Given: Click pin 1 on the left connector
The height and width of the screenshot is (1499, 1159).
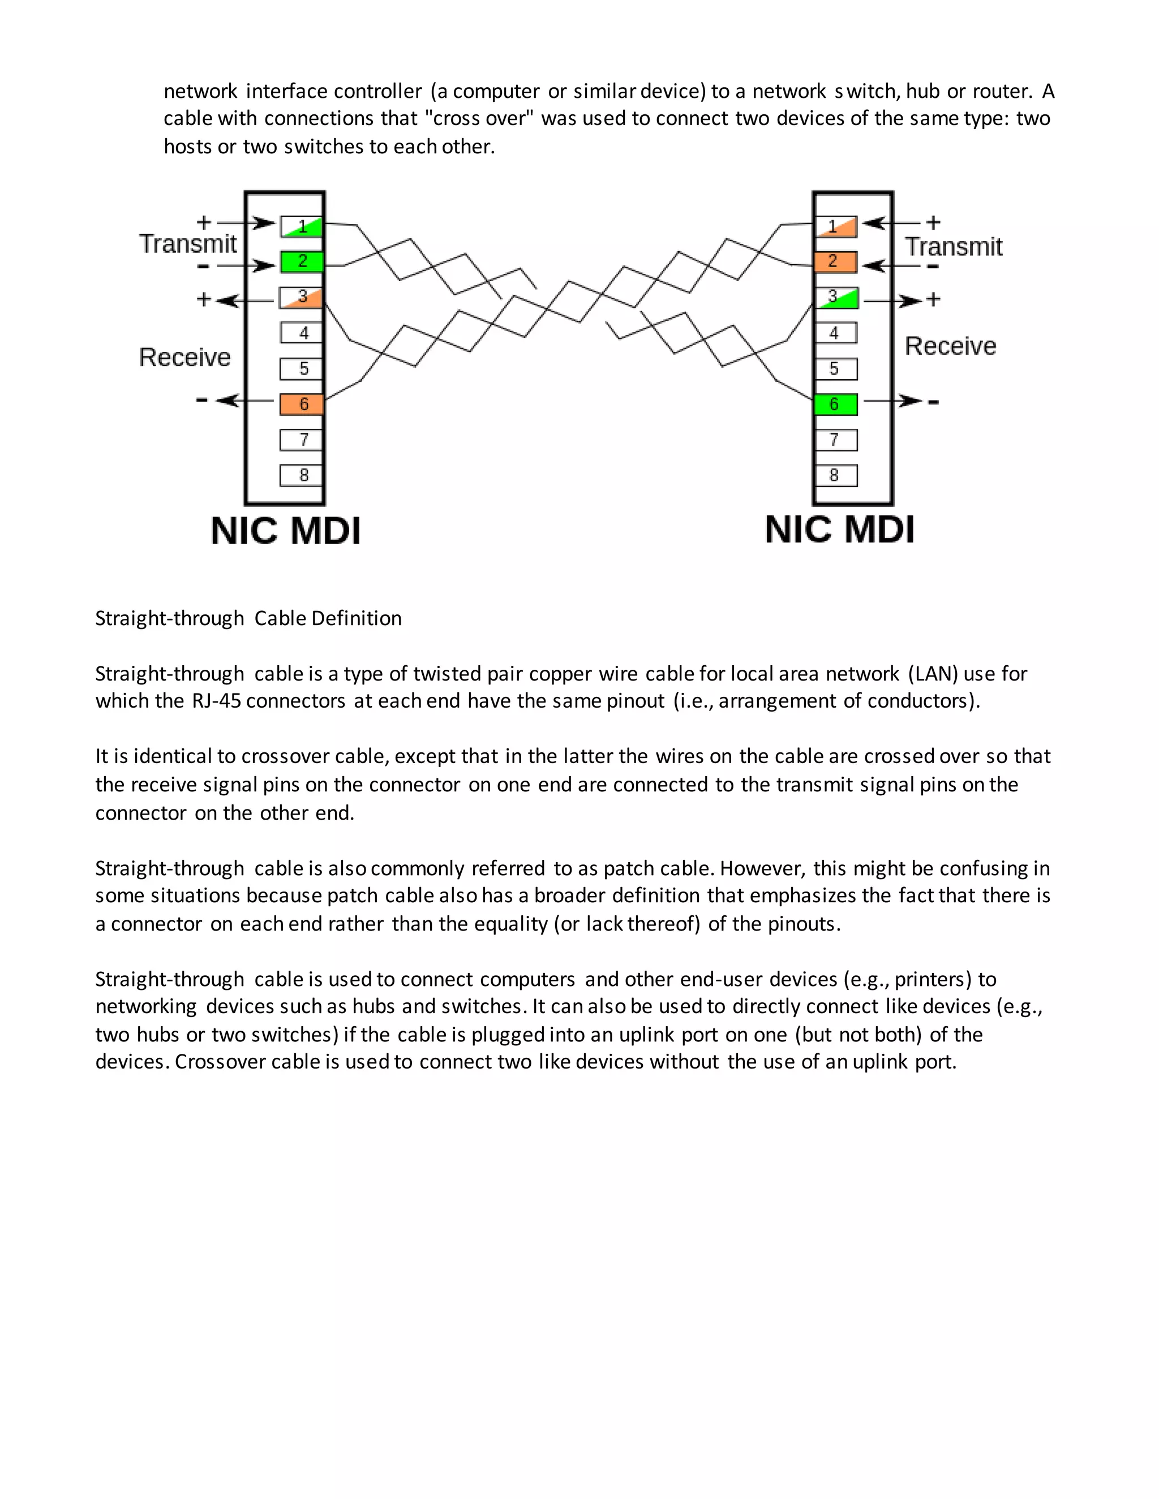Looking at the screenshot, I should tap(302, 226).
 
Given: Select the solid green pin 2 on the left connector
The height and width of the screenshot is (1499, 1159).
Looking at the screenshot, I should tap(302, 261).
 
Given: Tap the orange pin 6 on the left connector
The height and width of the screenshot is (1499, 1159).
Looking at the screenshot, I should tap(302, 404).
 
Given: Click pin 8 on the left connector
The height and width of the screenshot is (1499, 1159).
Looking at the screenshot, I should tap(302, 475).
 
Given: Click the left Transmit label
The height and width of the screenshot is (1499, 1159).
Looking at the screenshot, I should tap(187, 244).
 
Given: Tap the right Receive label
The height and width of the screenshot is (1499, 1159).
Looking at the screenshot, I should tap(950, 346).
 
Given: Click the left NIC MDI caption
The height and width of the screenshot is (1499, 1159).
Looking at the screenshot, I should tap(286, 531).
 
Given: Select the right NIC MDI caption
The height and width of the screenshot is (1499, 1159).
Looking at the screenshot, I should tap(839, 529).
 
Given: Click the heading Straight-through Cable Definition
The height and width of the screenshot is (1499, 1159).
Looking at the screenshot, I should tap(248, 618).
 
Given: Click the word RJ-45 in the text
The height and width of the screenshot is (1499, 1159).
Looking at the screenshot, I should tap(216, 701).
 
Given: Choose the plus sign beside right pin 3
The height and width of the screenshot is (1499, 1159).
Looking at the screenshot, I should tap(933, 299).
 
